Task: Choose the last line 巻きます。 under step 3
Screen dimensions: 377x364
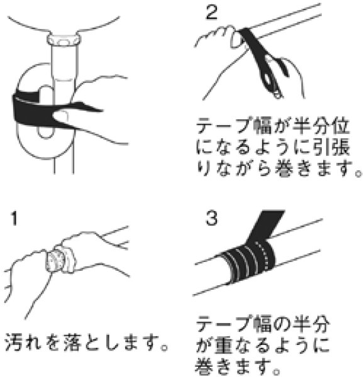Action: click(238, 365)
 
